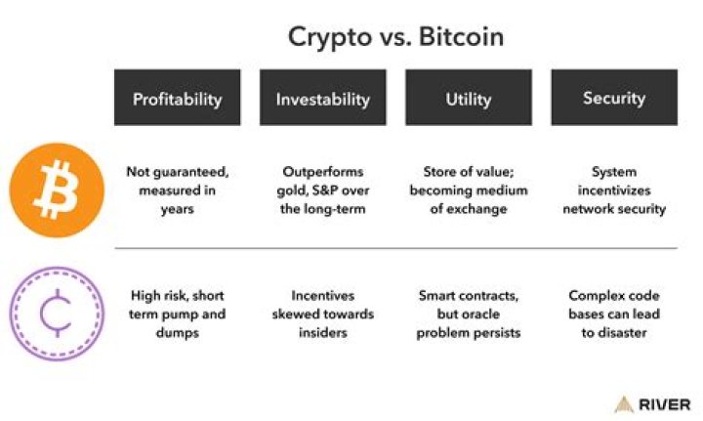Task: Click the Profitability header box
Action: click(x=177, y=98)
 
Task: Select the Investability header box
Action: click(x=322, y=98)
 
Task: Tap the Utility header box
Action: click(x=468, y=98)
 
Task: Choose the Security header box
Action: click(x=613, y=98)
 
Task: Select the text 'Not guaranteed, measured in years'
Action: click(x=177, y=189)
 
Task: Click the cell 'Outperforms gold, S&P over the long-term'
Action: click(x=322, y=189)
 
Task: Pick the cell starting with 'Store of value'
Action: click(x=468, y=189)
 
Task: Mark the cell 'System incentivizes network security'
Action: click(x=613, y=189)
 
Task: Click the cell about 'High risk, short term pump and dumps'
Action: click(x=177, y=312)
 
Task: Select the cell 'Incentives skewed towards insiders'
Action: click(x=322, y=312)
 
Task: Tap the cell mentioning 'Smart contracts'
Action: click(x=468, y=312)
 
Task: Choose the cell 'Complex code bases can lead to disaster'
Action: click(x=613, y=312)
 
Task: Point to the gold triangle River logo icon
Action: click(x=624, y=404)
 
